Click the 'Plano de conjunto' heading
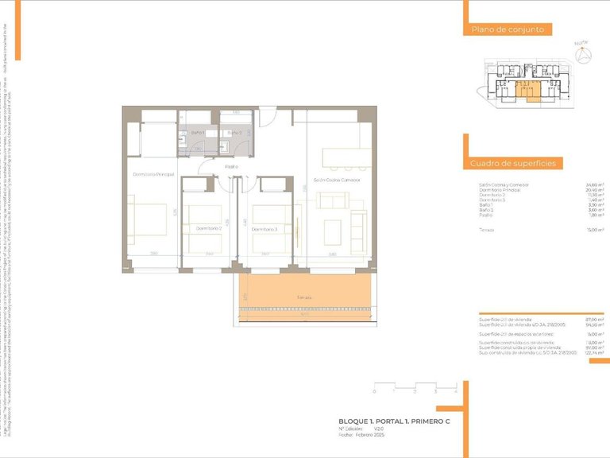508,29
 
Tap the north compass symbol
586,55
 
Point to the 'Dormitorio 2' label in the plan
208,228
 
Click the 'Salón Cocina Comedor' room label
337,180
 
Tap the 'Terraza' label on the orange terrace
305,297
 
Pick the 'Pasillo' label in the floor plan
231,167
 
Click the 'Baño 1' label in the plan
199,132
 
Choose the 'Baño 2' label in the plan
234,132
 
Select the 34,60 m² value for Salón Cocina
593,184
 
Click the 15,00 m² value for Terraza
593,230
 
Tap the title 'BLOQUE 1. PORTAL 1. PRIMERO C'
394,421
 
